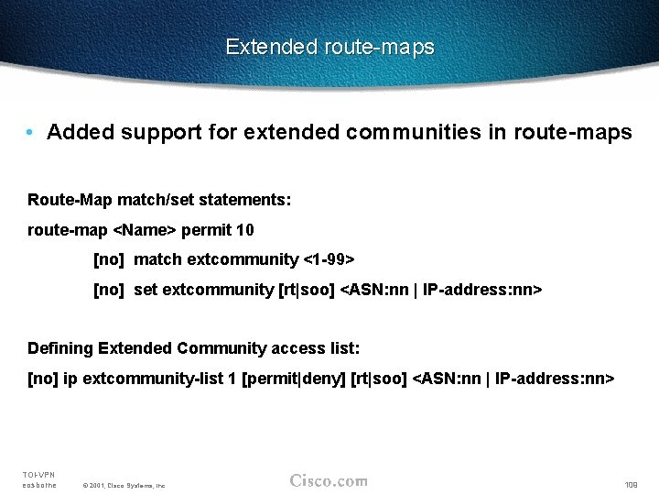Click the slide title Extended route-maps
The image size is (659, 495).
coord(329,47)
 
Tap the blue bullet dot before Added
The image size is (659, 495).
coord(31,133)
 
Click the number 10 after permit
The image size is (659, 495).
coord(245,230)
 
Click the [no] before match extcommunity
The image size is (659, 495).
coord(109,259)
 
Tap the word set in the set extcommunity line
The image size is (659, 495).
coord(146,290)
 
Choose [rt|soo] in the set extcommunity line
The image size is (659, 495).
coord(307,290)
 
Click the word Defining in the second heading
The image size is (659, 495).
coord(60,348)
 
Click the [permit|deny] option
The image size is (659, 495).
coord(293,378)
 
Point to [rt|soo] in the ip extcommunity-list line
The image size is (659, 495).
coord(379,378)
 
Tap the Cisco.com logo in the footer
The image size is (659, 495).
coord(329,480)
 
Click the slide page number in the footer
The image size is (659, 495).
coord(632,484)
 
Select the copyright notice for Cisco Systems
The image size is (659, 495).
coord(124,485)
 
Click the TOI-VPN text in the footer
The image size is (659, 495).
coord(38,474)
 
